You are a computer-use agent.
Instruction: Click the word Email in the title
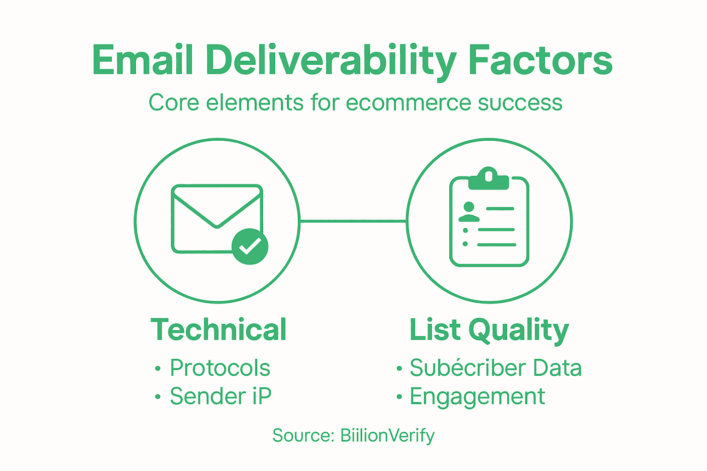pyautogui.click(x=142, y=60)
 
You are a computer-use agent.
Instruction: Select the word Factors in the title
pyautogui.click(x=540, y=60)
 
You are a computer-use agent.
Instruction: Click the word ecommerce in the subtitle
pyautogui.click(x=409, y=102)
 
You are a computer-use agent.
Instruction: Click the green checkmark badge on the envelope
pyautogui.click(x=249, y=247)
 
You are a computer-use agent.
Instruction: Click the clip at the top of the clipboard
pyautogui.click(x=488, y=179)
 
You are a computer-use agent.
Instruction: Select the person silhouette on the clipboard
pyautogui.click(x=469, y=212)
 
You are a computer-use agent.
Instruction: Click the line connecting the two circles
pyautogui.click(x=353, y=221)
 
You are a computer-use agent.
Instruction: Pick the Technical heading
pyautogui.click(x=219, y=329)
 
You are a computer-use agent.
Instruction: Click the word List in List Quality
pyautogui.click(x=435, y=329)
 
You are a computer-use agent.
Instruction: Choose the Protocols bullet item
pyautogui.click(x=220, y=368)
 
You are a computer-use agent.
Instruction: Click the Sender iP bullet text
pyautogui.click(x=220, y=396)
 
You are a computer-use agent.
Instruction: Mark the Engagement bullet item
pyautogui.click(x=477, y=397)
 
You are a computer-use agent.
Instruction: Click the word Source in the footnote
pyautogui.click(x=302, y=435)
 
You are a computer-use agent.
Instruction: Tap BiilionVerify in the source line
pyautogui.click(x=387, y=436)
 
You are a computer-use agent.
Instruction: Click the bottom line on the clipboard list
pyautogui.click(x=496, y=244)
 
